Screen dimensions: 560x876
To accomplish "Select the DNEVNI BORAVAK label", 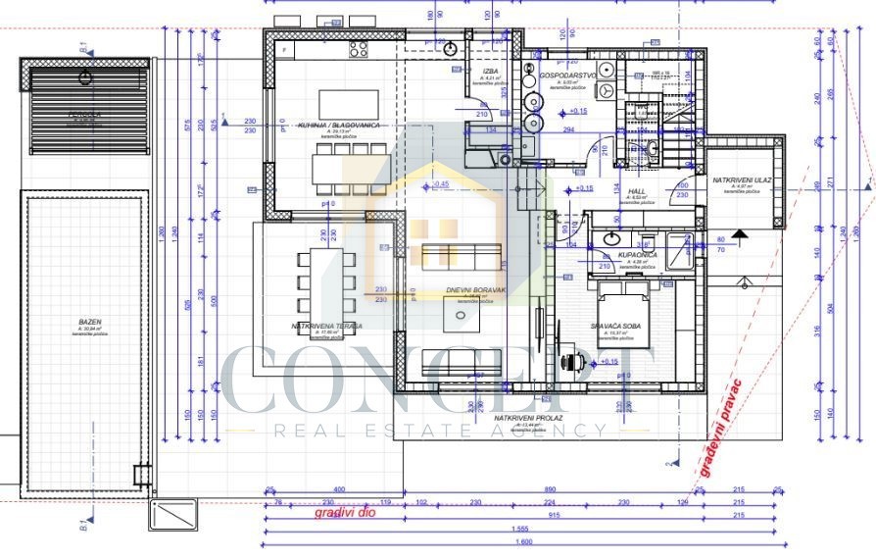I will [475, 290].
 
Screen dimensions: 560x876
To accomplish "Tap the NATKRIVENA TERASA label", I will [327, 325].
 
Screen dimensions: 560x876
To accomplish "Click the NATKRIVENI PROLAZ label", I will [528, 418].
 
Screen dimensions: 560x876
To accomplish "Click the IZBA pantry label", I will [491, 72].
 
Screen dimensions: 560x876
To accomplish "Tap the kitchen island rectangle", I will [348, 103].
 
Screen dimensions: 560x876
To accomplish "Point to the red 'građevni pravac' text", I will [720, 426].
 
